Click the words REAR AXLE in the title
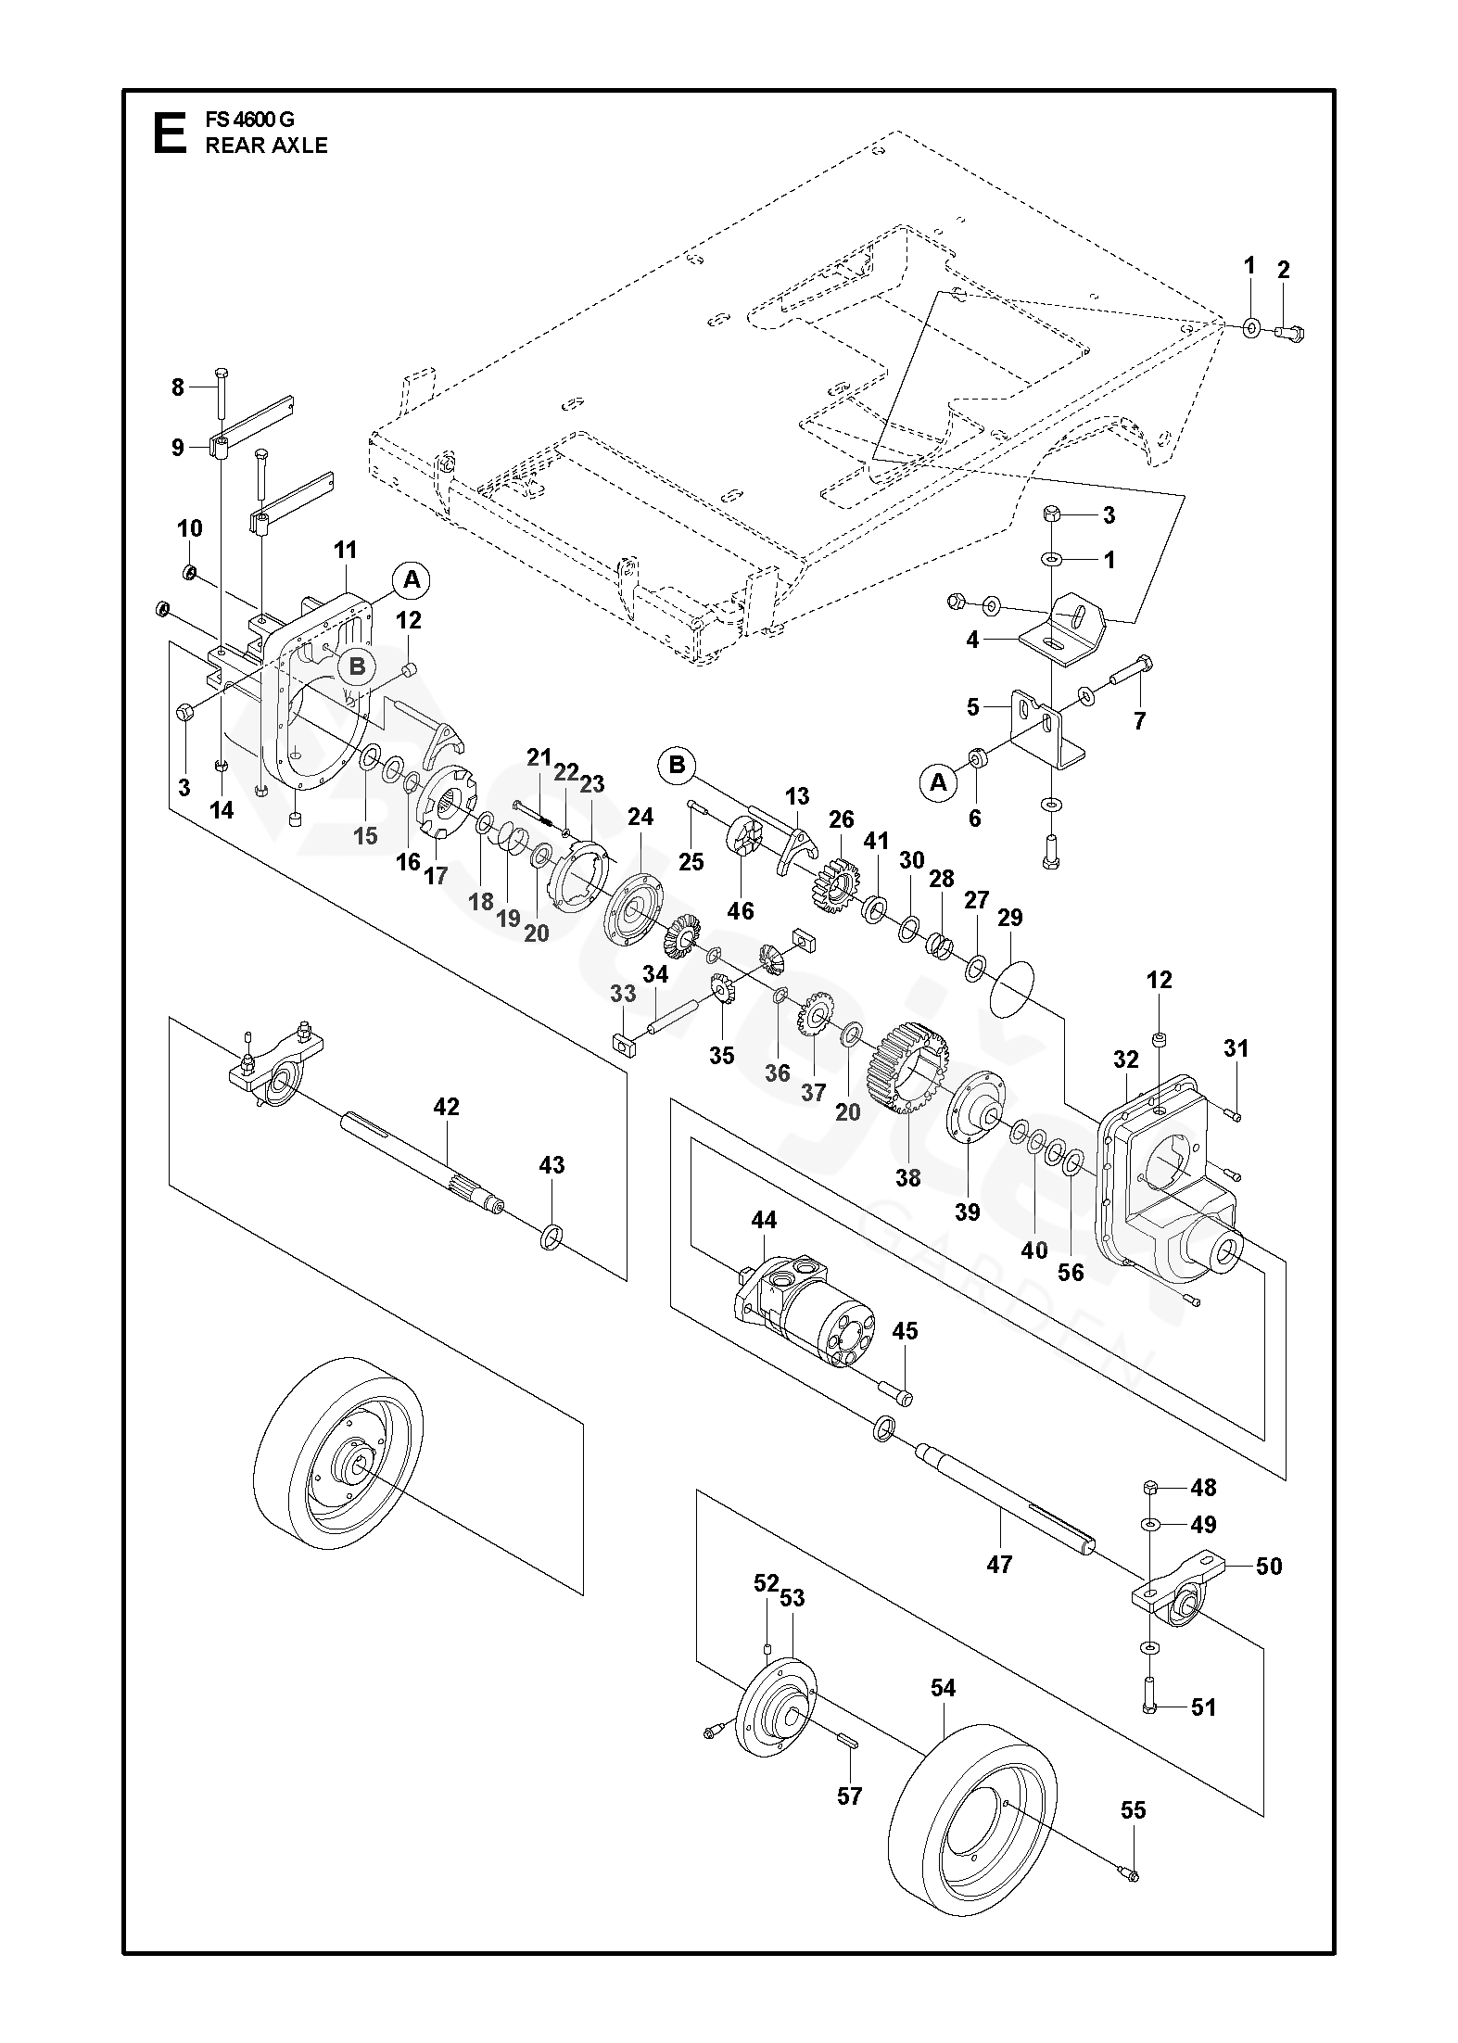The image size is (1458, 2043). [266, 146]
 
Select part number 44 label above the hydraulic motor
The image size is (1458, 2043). [764, 1220]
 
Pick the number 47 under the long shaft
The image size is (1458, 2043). [999, 1565]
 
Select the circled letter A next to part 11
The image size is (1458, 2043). [412, 580]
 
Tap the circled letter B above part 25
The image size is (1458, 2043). [677, 765]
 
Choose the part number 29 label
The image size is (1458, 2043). [1009, 918]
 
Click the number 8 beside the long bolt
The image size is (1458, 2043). [178, 387]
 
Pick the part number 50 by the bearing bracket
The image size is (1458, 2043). [1269, 1566]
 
